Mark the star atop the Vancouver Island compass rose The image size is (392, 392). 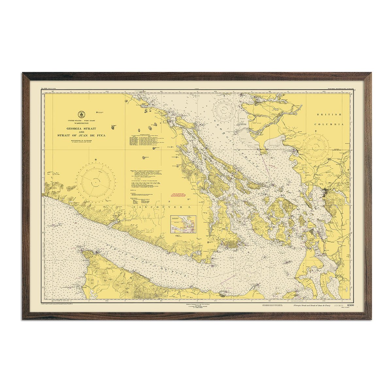pyautogui.click(x=96, y=159)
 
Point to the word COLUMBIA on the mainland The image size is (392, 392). pyautogui.click(x=329, y=124)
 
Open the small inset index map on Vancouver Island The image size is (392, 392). pyautogui.click(x=183, y=224)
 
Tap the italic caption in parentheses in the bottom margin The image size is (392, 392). pyautogui.click(x=312, y=305)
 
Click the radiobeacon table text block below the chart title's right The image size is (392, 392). pyautogui.click(x=145, y=139)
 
